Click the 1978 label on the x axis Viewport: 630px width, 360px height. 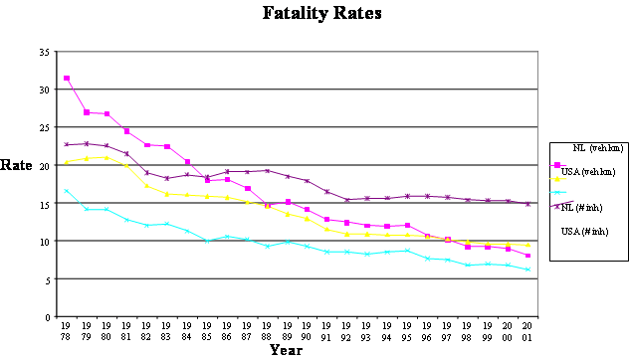tap(67, 330)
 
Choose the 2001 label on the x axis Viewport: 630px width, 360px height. tap(527, 330)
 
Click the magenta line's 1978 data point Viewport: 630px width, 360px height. tap(67, 79)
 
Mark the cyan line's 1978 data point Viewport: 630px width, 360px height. tap(67, 190)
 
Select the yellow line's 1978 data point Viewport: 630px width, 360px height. tap(67, 162)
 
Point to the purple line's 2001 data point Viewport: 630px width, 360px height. tap(527, 204)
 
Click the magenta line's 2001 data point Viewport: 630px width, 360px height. tap(527, 256)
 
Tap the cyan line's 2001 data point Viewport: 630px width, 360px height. tap(527, 270)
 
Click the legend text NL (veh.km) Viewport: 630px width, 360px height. tap(591, 148)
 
